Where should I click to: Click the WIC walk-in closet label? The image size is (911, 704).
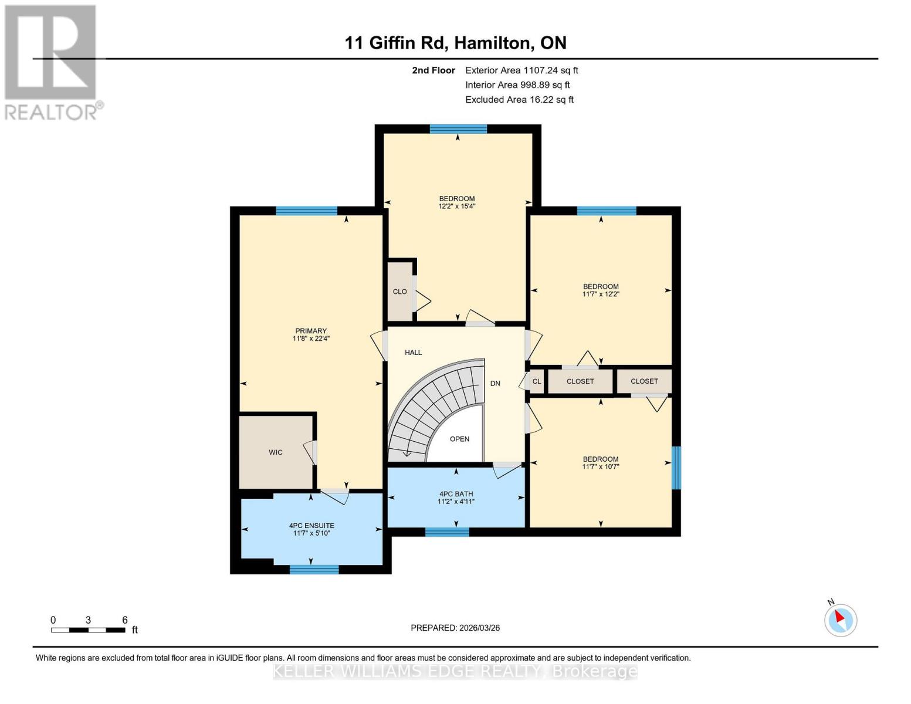pyautogui.click(x=275, y=452)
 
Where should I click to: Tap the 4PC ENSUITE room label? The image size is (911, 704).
pyautogui.click(x=311, y=526)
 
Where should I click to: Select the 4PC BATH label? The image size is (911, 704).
pyautogui.click(x=456, y=494)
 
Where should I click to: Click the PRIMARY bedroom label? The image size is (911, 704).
pyautogui.click(x=311, y=331)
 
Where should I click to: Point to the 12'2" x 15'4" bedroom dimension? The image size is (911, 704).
pyautogui.click(x=456, y=207)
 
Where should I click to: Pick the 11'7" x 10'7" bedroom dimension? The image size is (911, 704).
pyautogui.click(x=601, y=467)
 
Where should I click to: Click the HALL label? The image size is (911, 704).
pyautogui.click(x=413, y=353)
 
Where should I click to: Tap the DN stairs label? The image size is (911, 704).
pyautogui.click(x=495, y=383)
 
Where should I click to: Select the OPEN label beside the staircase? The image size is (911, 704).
pyautogui.click(x=459, y=439)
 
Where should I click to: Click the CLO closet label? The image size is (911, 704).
pyautogui.click(x=399, y=292)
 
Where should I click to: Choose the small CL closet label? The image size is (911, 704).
pyautogui.click(x=536, y=381)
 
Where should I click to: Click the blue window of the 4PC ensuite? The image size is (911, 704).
pyautogui.click(x=314, y=569)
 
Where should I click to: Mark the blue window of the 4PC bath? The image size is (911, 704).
pyautogui.click(x=447, y=532)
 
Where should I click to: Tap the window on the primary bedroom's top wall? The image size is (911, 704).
pyautogui.click(x=306, y=211)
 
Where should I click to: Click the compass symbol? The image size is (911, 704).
pyautogui.click(x=841, y=620)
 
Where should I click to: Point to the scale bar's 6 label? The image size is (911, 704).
pyautogui.click(x=124, y=620)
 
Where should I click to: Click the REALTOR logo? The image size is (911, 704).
pyautogui.click(x=52, y=62)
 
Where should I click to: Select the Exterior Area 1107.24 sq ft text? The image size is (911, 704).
pyautogui.click(x=521, y=70)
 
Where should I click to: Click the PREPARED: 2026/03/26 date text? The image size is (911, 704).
pyautogui.click(x=455, y=628)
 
